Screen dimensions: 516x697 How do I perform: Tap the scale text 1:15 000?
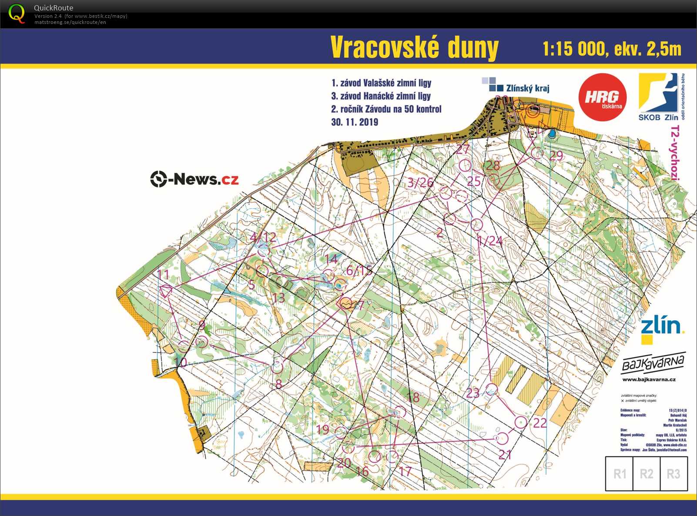(574, 49)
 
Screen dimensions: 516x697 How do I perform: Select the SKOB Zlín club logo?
(658, 97)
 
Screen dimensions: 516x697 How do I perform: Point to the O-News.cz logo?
(194, 179)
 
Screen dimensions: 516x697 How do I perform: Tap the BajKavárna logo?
(653, 363)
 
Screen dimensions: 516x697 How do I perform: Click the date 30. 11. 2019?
(355, 122)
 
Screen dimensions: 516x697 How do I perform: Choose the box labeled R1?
(620, 473)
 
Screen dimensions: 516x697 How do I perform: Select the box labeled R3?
(673, 473)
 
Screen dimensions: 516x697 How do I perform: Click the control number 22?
(540, 423)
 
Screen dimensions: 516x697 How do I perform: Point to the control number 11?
(163, 275)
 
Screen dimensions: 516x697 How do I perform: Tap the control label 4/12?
(263, 237)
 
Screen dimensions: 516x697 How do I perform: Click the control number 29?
(556, 156)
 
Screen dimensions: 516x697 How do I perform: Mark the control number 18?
(413, 397)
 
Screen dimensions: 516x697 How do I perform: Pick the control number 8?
(279, 384)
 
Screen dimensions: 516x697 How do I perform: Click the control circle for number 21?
(502, 438)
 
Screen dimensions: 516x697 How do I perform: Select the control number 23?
(472, 393)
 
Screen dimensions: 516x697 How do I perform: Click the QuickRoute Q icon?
(17, 13)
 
